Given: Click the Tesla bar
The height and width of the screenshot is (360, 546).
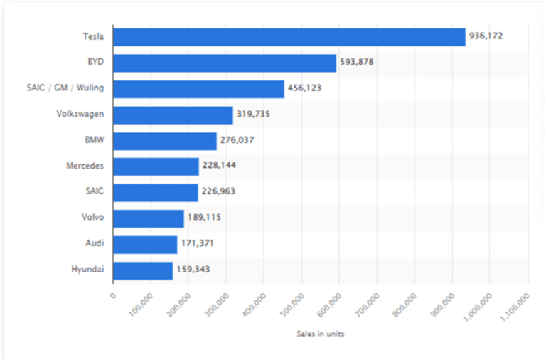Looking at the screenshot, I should click(x=289, y=37).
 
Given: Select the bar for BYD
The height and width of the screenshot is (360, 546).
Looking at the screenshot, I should click(x=224, y=63).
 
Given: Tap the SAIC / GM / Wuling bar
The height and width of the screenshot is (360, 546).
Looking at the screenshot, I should click(x=198, y=89).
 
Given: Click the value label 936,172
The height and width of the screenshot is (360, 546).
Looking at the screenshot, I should click(x=487, y=36).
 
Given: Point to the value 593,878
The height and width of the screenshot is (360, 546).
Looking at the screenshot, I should click(x=357, y=63).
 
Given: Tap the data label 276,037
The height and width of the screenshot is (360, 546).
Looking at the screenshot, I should click(x=237, y=140).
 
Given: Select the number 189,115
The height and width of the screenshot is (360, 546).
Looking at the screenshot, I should click(x=204, y=218).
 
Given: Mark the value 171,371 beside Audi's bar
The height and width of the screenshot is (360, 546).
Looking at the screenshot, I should click(x=197, y=244).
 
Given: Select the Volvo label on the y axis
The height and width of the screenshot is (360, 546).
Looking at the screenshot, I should click(x=92, y=218).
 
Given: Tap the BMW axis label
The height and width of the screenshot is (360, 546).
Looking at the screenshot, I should click(x=95, y=140).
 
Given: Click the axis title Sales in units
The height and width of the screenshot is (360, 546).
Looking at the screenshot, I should click(x=321, y=334).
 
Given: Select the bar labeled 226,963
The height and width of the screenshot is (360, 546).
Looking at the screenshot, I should click(x=155, y=192).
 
